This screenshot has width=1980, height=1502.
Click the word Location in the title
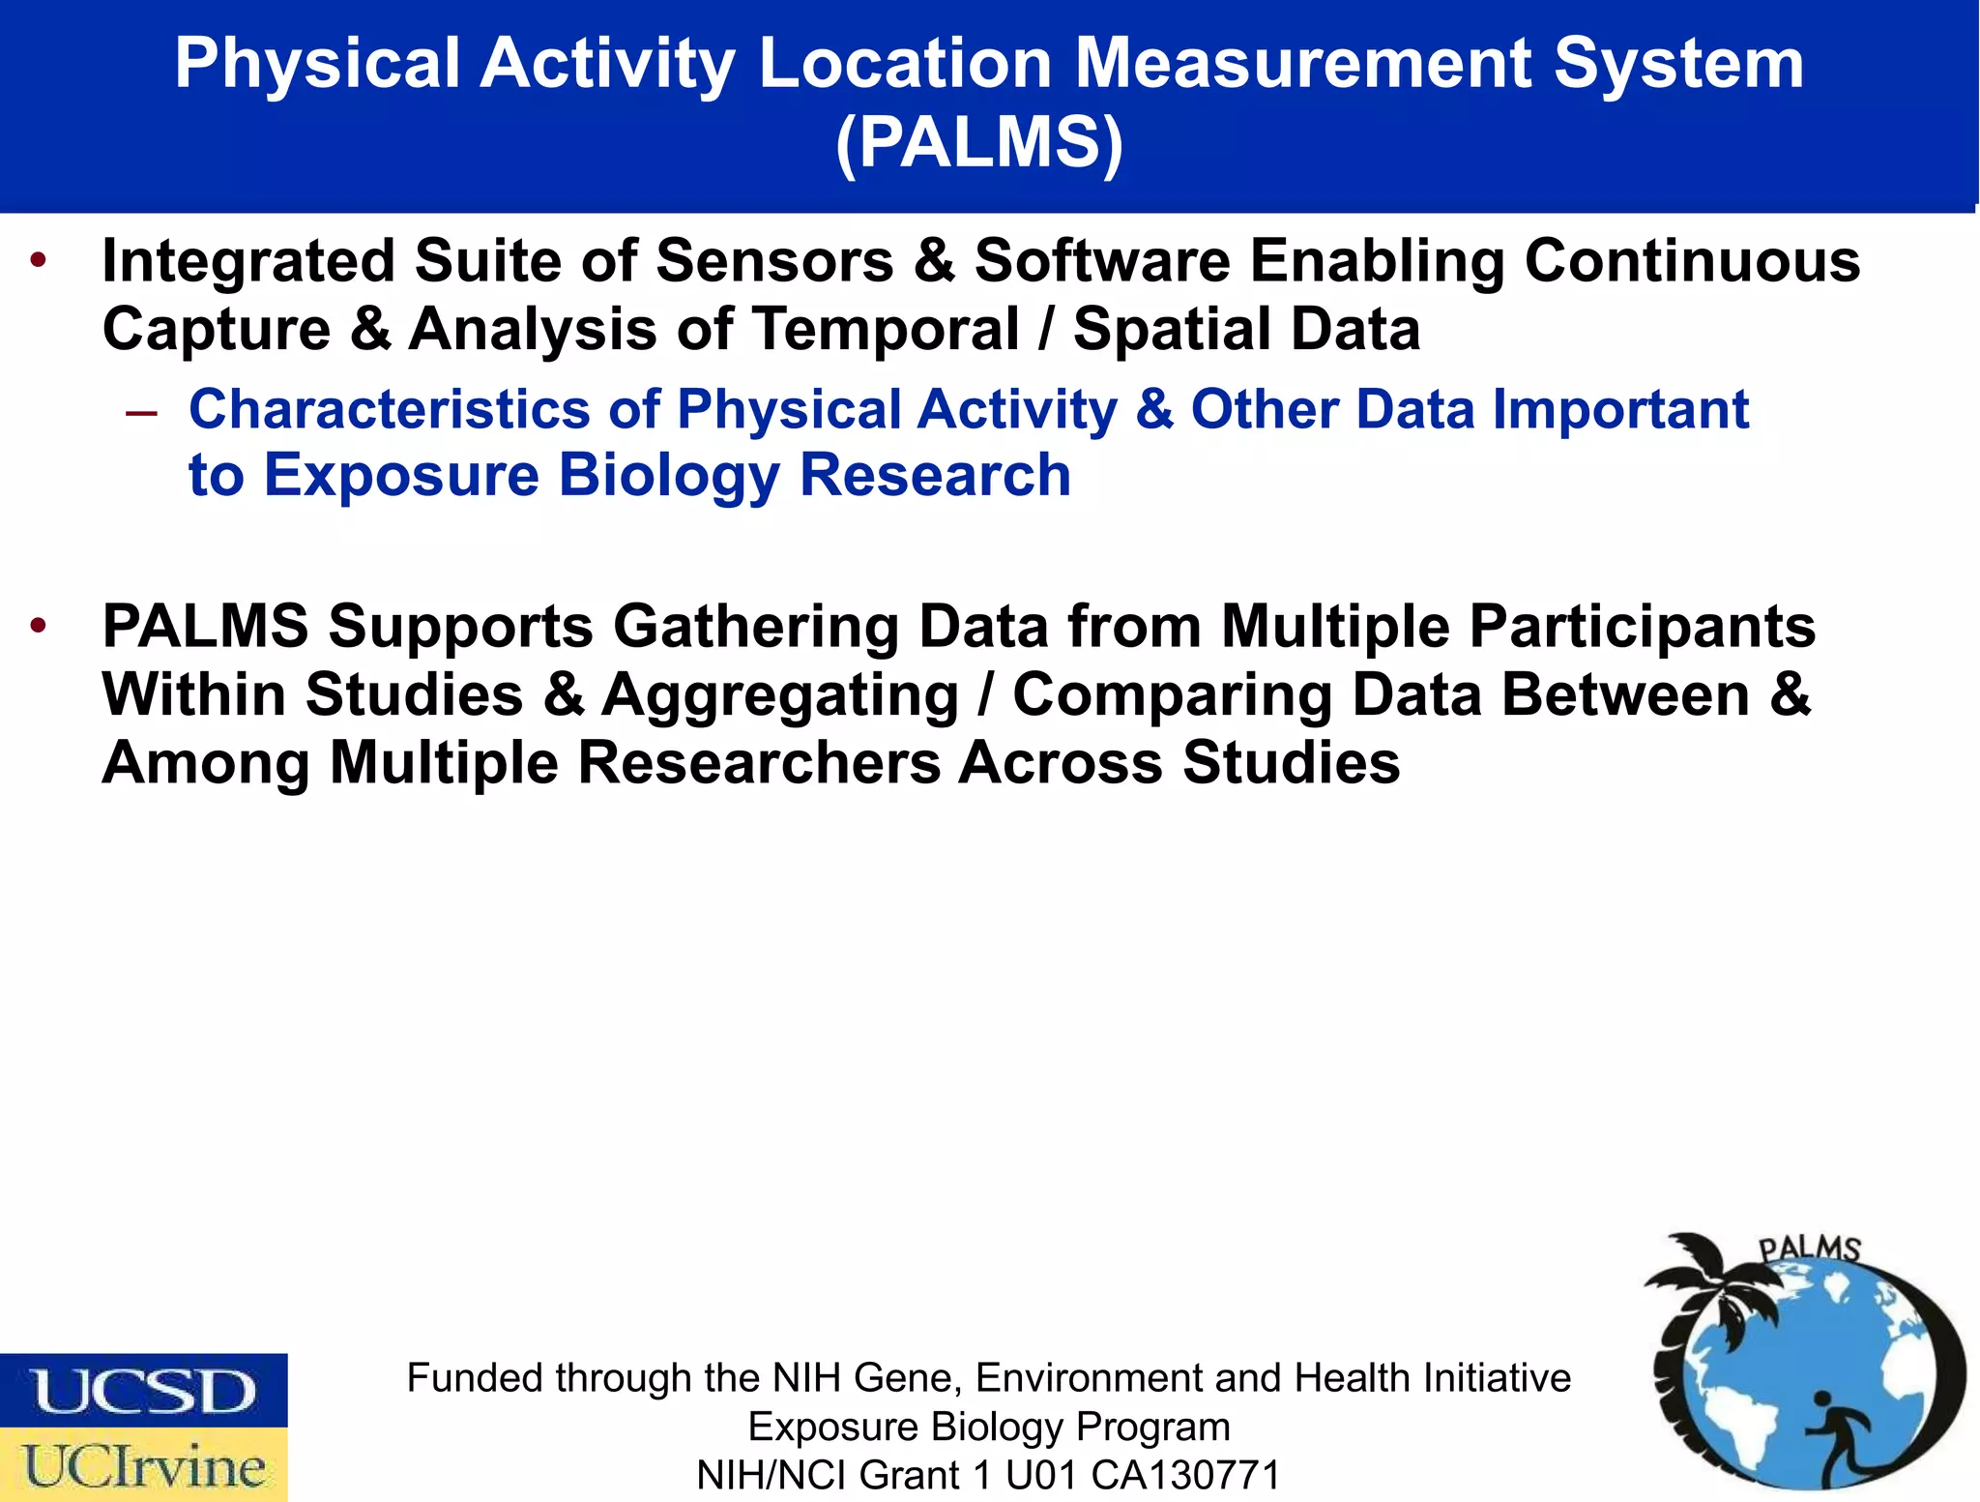coord(904,64)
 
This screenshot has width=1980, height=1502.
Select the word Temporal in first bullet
coord(886,330)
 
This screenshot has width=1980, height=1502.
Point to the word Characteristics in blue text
coord(389,409)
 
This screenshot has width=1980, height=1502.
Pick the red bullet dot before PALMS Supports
coord(39,626)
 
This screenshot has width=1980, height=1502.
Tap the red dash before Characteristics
coord(141,413)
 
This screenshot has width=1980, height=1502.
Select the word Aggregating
coord(779,695)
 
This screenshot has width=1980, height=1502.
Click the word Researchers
coord(759,763)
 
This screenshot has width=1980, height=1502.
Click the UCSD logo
coord(143,1391)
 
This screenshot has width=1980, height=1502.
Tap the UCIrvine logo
coord(143,1465)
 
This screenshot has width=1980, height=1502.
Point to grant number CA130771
coord(1185,1476)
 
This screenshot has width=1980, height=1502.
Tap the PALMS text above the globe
coord(1808,1249)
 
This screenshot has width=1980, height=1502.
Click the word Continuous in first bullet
coord(1692,261)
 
